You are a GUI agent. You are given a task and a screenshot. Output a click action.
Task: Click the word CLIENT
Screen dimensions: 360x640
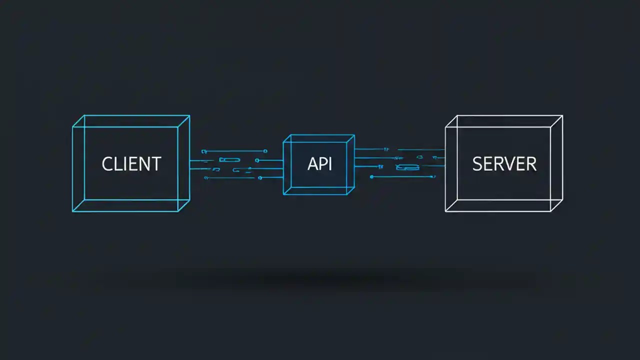(131, 164)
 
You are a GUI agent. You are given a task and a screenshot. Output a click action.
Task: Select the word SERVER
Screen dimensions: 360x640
(504, 164)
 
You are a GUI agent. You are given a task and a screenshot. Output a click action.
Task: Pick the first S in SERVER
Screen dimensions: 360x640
(477, 164)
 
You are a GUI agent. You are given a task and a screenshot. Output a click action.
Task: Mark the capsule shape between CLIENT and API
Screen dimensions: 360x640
(229, 160)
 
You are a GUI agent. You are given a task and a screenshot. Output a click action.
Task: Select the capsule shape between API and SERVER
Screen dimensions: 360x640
(407, 167)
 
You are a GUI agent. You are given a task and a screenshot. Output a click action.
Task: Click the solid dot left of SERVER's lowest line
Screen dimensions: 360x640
(371, 176)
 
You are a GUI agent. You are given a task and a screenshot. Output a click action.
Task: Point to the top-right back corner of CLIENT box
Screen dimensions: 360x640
(189, 115)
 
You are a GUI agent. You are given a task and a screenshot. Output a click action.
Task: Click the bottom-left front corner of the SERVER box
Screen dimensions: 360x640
(445, 211)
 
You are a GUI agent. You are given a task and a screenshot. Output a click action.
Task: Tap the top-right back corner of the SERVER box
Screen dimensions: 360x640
(562, 115)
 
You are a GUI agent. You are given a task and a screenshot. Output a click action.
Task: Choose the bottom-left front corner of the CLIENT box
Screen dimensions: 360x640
(72, 211)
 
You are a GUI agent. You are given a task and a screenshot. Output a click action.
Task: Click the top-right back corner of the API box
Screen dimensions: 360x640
(354, 134)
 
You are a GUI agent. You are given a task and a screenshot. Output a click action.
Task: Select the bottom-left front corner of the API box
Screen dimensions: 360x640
(283, 194)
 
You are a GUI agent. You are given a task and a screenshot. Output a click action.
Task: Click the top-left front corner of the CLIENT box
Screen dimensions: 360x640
(72, 127)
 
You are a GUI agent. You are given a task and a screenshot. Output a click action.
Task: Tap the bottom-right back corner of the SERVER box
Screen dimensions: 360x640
(562, 200)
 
